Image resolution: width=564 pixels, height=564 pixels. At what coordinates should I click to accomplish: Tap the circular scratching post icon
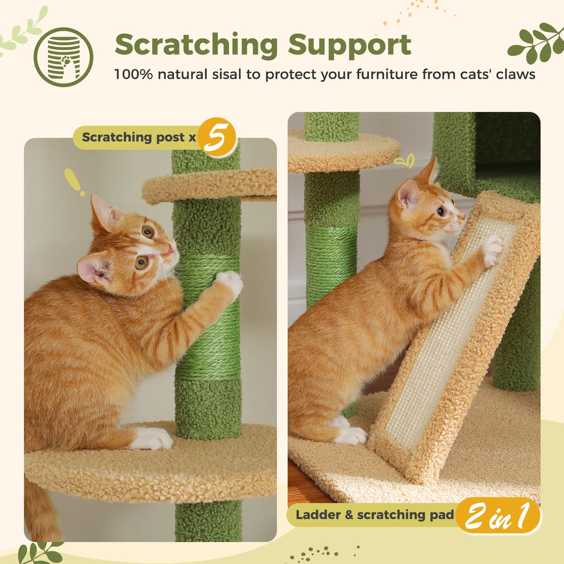pyautogui.click(x=63, y=57)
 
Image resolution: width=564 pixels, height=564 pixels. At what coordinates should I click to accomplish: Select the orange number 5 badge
pyautogui.click(x=217, y=137)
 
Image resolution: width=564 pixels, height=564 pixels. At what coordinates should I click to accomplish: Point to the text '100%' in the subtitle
pyautogui.click(x=133, y=74)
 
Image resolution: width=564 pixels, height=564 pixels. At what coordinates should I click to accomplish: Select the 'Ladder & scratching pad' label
pyautogui.click(x=375, y=515)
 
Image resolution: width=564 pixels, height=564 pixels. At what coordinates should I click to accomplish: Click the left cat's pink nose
pyautogui.click(x=169, y=249)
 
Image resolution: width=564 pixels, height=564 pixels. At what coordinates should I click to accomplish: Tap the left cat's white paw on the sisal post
pyautogui.click(x=230, y=281)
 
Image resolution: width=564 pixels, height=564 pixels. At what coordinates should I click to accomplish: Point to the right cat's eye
pyautogui.click(x=441, y=212)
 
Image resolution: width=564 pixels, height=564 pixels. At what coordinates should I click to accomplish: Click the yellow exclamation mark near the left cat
pyautogui.click(x=74, y=181)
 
